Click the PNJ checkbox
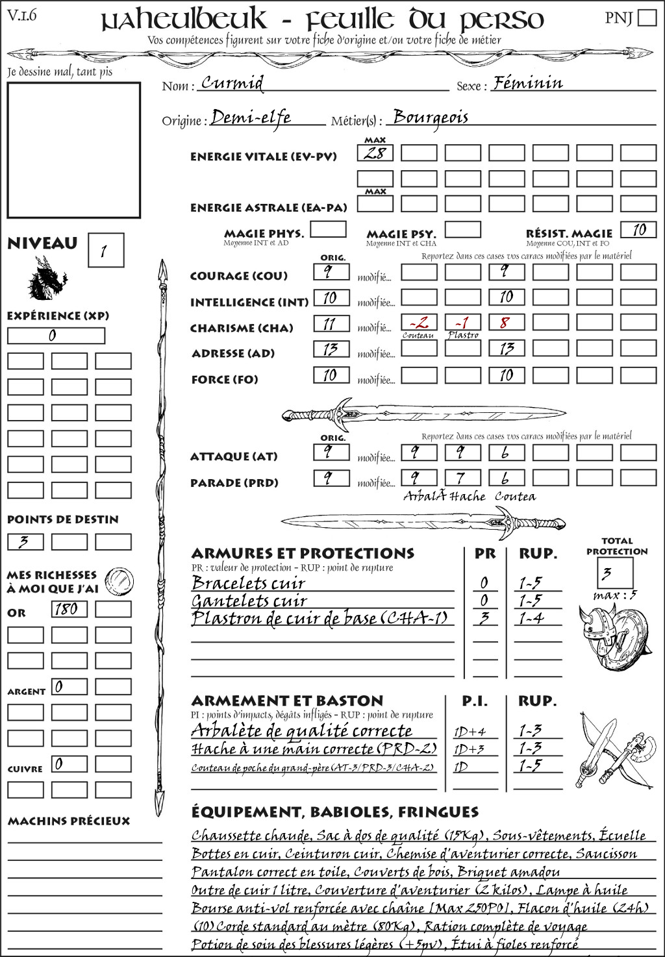(x=647, y=18)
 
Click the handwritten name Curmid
(x=232, y=82)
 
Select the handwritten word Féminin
(x=527, y=82)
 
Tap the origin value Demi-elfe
(x=251, y=118)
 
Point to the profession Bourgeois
(x=431, y=117)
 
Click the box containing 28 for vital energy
(x=375, y=153)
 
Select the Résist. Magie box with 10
(x=638, y=230)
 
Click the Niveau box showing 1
(x=105, y=251)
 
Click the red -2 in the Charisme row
(x=419, y=323)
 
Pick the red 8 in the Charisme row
(x=507, y=323)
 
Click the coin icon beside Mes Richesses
(x=119, y=580)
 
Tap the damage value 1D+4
(x=470, y=732)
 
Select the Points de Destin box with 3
(x=25, y=541)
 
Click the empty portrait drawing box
(x=73, y=150)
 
